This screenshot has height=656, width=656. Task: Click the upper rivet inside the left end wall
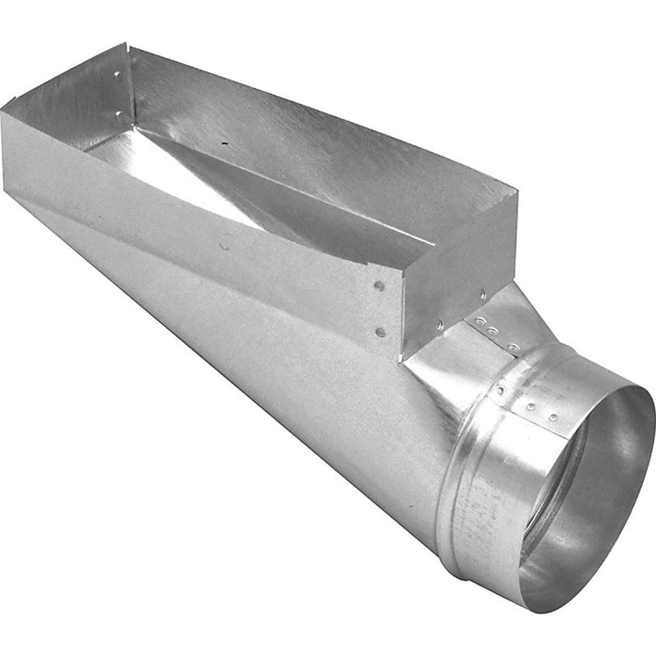coord(119,76)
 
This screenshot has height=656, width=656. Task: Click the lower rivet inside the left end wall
coord(121,114)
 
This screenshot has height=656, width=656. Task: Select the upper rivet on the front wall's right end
coord(380,286)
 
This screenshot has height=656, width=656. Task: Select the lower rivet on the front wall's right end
coord(380,332)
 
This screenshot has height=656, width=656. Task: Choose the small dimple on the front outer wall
coord(225,244)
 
